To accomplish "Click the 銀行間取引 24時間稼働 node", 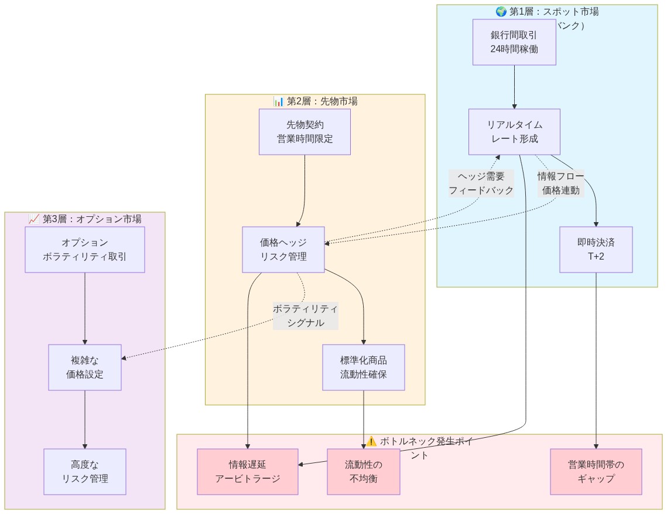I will coord(514,42).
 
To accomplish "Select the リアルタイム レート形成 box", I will coord(514,132).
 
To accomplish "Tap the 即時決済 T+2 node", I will coord(596,250).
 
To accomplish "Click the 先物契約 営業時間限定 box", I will coord(305,132).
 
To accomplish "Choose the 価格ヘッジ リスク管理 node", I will coord(283,250).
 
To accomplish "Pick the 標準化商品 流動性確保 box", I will coord(364,367).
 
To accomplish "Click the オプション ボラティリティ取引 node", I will coord(85,250).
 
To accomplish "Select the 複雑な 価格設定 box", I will coord(85,367).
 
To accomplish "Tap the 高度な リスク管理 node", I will coord(85,472).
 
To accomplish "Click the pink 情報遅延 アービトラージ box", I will coord(248,472).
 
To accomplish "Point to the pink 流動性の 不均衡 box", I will coord(364,472).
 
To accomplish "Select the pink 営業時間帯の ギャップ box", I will coord(596,472).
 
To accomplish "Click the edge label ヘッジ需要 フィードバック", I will coord(481,183).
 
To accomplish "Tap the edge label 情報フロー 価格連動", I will coord(560,183).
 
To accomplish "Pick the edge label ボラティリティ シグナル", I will coord(305,316).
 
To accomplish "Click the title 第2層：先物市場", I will coord(321,101).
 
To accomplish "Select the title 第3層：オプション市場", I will coord(91,219).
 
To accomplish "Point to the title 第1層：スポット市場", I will coord(553,12).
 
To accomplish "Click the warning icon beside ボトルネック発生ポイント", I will coord(371,441).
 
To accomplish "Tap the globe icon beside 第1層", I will coord(501,12).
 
